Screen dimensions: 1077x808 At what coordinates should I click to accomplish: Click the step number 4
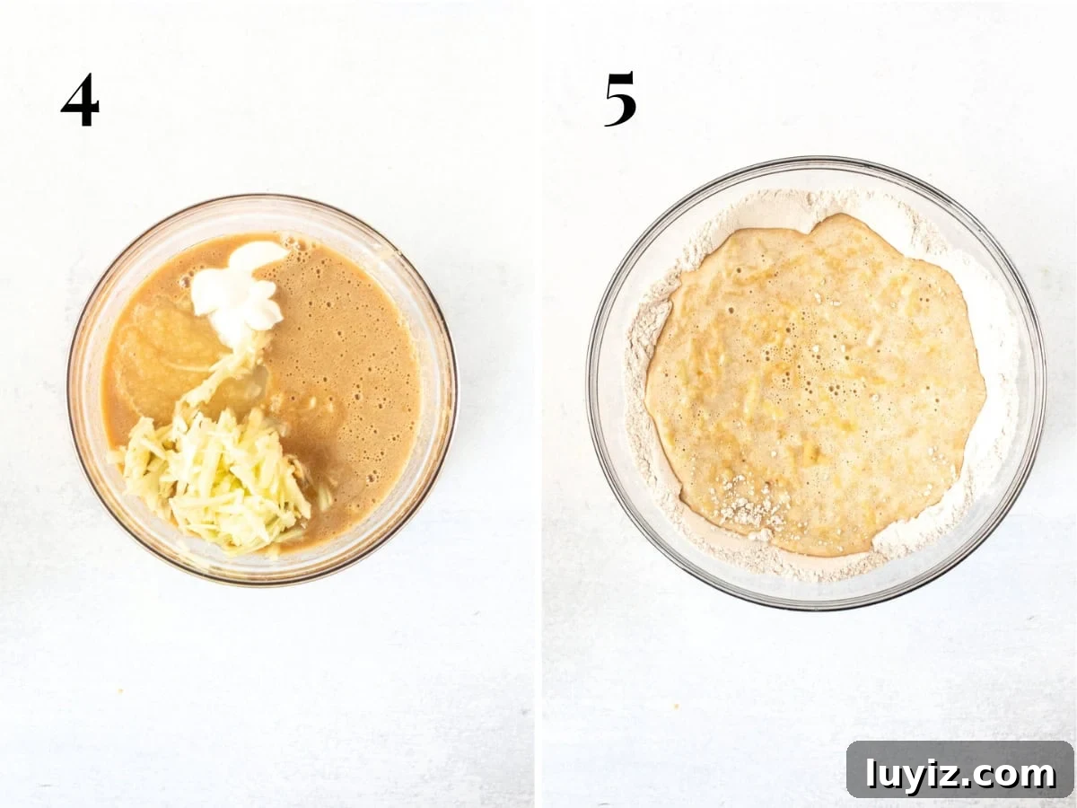pos(80,100)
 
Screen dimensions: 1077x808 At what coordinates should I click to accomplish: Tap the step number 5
pos(620,99)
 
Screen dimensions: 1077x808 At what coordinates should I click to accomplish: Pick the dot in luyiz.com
pos(964,785)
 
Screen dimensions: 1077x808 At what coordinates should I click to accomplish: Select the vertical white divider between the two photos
pos(538,404)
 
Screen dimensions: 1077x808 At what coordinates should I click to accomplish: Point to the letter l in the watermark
pos(871,773)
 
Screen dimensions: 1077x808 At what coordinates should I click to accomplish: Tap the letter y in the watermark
pos(908,780)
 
